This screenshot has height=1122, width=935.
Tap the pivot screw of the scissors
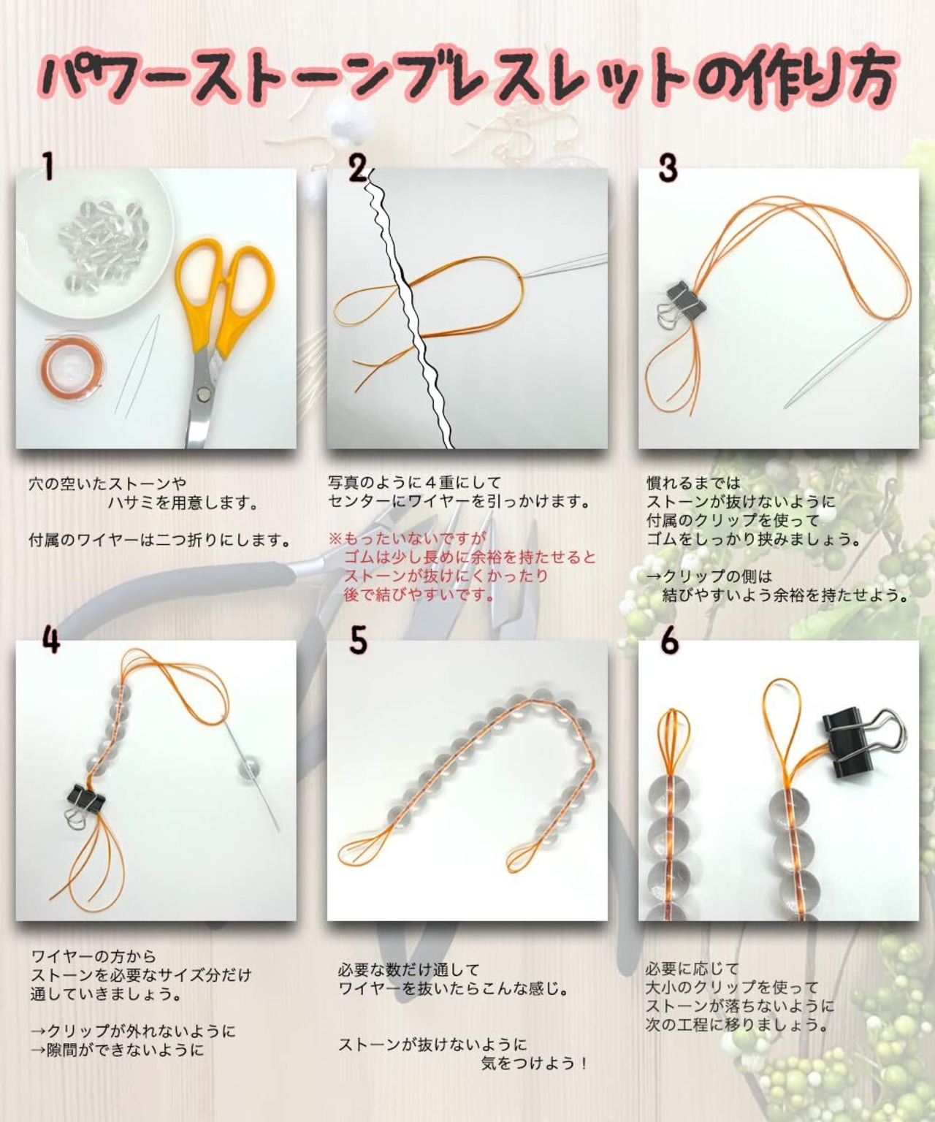(205, 395)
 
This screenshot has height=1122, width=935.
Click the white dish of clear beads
(91, 242)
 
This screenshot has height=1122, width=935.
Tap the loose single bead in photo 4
(248, 769)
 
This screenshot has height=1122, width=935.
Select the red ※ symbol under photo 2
(335, 538)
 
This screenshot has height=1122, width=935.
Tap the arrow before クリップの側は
(654, 576)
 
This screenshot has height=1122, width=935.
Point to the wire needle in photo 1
(137, 365)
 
